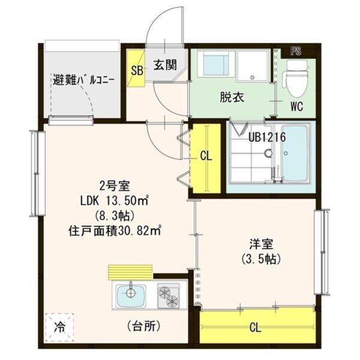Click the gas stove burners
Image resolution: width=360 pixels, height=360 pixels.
[169, 295]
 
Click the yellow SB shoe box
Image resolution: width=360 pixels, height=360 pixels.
[136, 70]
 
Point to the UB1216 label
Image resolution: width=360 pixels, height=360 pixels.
[267, 137]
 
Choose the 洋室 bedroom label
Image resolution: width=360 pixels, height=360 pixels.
[262, 245]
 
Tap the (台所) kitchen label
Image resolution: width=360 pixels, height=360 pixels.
[143, 326]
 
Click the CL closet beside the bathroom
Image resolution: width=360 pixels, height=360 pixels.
[206, 157]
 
